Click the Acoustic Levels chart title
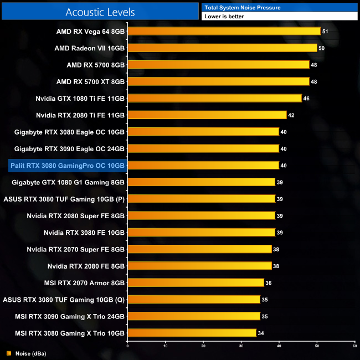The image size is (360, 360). pos(100,12)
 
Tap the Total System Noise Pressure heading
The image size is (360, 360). pos(242,7)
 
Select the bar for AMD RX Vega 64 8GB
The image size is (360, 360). pos(224,32)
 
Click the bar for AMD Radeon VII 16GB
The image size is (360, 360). pos(222,48)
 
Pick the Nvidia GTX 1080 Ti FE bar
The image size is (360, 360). pos(214,98)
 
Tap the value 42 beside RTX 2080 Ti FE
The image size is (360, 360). pos(291,115)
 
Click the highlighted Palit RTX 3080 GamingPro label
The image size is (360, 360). pos(68,165)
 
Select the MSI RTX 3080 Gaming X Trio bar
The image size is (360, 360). pos(192,332)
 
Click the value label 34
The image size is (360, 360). pos(261,333)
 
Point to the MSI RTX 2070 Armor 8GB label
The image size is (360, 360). pos(89,282)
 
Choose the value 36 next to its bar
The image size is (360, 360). pos(269,282)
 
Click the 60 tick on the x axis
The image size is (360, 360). pos(354,346)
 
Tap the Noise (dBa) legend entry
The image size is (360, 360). pos(27,353)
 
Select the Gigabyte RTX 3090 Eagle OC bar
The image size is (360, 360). pos(203,148)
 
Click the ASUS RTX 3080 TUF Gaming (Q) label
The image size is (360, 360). pos(64,299)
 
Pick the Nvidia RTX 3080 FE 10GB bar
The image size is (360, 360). pos(201,232)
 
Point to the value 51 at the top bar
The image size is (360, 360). pos(325,32)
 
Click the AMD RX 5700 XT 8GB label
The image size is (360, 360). pos(91,81)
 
